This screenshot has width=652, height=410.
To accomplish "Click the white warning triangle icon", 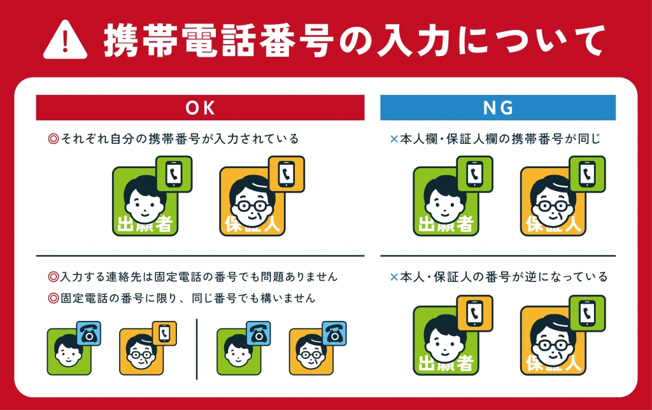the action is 66,40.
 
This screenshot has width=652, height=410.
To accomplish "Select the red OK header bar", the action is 200,108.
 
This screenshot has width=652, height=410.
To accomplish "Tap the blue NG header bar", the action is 498,108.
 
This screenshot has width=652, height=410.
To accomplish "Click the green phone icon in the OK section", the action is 174,174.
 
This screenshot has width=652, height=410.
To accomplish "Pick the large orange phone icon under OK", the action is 287,174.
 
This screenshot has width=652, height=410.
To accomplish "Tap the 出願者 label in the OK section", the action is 145,225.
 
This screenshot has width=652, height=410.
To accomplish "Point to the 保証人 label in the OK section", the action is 252,225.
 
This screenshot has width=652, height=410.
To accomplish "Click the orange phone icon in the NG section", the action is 474,313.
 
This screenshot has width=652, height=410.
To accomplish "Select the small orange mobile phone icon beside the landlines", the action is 164,333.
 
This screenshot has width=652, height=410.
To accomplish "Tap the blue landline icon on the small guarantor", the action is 334,333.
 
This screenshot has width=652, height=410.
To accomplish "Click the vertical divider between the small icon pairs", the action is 197,350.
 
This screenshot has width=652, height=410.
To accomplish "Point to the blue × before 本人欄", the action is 394,139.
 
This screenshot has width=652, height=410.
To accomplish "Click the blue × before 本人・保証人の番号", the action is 394,277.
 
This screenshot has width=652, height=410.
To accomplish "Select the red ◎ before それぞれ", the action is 53,138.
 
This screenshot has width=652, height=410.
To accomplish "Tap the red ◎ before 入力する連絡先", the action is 53,276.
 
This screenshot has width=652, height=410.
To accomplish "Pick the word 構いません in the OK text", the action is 288,298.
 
